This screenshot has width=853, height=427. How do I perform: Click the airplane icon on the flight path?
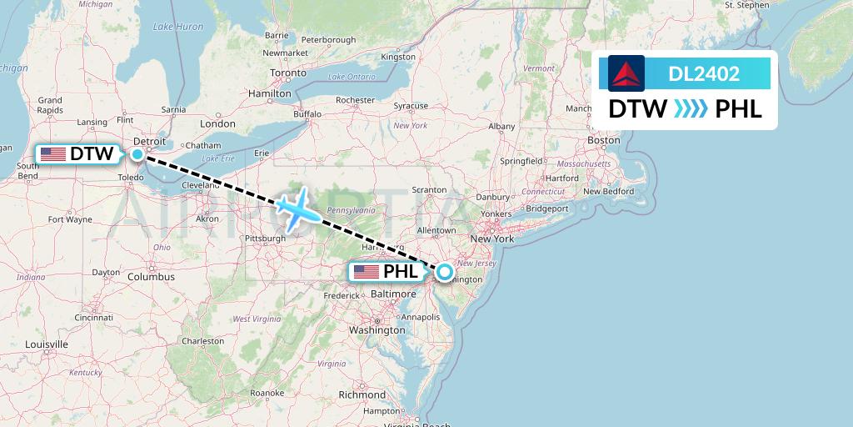tap(294, 208)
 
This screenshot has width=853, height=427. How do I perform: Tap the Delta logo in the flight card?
tap(626, 73)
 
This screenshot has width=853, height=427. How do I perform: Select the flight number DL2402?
tap(704, 74)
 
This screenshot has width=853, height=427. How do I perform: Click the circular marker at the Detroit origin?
tap(137, 154)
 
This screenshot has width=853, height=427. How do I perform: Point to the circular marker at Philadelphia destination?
tap(445, 271)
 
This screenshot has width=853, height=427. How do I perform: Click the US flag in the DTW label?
tap(53, 154)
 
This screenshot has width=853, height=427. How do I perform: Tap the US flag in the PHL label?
tap(367, 272)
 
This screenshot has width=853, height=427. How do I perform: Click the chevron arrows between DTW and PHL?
tap(691, 109)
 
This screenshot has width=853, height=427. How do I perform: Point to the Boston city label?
tap(604, 140)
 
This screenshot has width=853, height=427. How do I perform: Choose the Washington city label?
tap(377, 329)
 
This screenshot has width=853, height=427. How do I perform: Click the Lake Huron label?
tap(178, 27)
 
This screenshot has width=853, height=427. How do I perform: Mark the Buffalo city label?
tap(307, 113)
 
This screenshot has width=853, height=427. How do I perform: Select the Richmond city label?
tap(362, 394)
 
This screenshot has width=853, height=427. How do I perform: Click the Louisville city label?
tap(47, 344)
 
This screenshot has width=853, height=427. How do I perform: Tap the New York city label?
tap(492, 239)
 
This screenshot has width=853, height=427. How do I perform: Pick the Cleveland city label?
tap(199, 184)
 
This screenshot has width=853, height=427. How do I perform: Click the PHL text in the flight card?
tap(739, 109)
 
